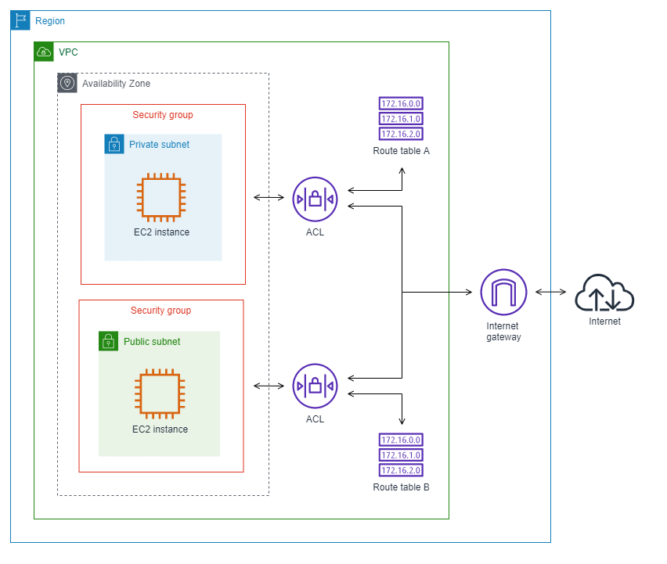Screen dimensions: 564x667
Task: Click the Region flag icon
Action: coord(20,20)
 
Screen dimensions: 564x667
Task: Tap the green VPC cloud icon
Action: coord(44,52)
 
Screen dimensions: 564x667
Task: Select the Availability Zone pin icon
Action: coord(67,83)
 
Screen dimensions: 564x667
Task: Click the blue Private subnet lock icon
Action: coord(114,144)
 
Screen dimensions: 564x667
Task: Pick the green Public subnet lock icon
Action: coord(109,341)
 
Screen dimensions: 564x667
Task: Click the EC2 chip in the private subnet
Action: coord(160,196)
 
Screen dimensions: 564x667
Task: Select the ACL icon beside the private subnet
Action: coord(315,199)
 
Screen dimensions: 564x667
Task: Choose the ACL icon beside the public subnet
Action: coord(315,386)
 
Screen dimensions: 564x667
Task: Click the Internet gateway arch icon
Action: coord(503,292)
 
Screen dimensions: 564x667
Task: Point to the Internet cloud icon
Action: coord(604,294)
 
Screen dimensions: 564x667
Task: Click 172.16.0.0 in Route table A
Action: coord(401,103)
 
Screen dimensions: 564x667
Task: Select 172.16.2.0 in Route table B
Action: coord(401,470)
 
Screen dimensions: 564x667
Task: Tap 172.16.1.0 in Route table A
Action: coord(401,118)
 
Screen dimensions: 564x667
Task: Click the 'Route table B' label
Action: coord(401,487)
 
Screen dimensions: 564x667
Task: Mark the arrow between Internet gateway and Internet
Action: coord(550,293)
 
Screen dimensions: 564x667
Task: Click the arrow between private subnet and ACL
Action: coord(269,198)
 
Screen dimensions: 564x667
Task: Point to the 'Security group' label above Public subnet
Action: coord(160,311)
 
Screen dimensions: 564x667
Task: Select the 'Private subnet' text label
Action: coord(159,145)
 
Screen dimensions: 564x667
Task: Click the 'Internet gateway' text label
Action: coord(503,331)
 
